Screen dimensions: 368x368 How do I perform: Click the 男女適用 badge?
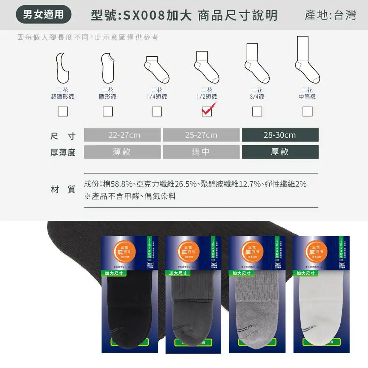tap(43, 14)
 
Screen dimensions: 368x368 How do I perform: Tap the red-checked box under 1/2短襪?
tap(207, 111)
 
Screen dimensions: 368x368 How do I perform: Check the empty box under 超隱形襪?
tap(63, 111)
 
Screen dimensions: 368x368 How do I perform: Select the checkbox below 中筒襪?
tap(307, 111)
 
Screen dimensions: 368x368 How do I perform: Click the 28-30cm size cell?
tap(280, 135)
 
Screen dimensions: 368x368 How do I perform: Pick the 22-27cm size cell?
tap(122, 135)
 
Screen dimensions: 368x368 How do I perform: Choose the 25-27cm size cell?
tap(201, 135)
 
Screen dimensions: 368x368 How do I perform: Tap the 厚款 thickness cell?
tap(280, 152)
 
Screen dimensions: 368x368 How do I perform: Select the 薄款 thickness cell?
tap(122, 152)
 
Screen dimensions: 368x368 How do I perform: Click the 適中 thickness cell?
tap(201, 152)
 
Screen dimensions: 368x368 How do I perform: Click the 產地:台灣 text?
tap(330, 15)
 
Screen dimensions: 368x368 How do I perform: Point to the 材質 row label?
tap(63, 190)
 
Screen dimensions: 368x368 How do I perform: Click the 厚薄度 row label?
tap(63, 152)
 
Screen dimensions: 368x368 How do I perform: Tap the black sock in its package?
tap(130, 309)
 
